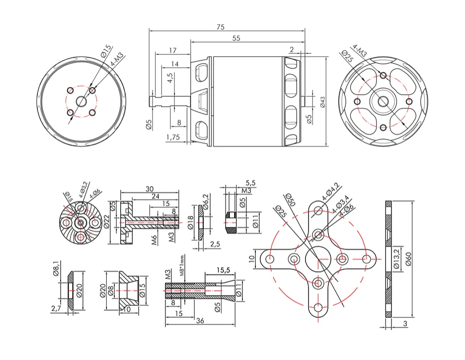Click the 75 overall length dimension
(x=220, y=27)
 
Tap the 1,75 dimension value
(x=173, y=137)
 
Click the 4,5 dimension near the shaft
(x=170, y=78)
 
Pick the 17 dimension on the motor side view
(x=172, y=50)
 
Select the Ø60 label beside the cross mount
(x=408, y=259)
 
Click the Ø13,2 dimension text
(x=396, y=259)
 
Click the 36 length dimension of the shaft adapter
(x=200, y=321)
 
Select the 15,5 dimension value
(x=224, y=270)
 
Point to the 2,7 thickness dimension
(x=56, y=309)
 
